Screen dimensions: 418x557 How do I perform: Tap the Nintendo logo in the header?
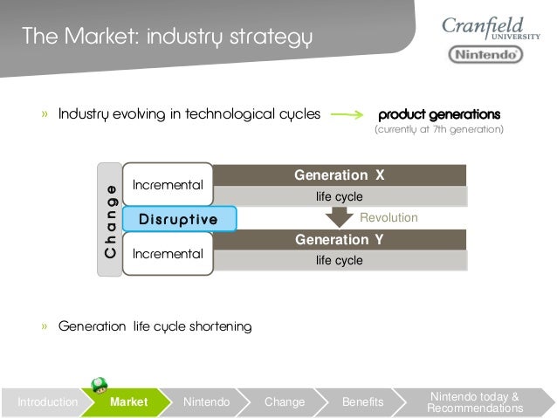click(485, 55)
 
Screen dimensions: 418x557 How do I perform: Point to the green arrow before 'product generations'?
click(347, 114)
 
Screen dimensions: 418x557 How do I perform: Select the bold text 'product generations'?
click(439, 114)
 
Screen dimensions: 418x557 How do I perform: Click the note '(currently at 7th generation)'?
click(439, 130)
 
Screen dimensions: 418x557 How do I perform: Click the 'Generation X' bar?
click(340, 175)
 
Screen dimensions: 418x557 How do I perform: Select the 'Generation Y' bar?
click(340, 239)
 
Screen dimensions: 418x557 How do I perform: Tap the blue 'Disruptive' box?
click(179, 219)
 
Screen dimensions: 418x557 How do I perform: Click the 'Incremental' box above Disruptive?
click(168, 185)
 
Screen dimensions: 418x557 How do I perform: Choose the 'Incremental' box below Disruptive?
click(168, 254)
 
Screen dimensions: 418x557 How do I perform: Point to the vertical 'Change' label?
click(110, 220)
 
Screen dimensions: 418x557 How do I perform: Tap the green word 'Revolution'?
click(389, 217)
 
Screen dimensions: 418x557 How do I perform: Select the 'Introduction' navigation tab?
click(47, 402)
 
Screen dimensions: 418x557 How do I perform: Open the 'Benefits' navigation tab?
click(362, 402)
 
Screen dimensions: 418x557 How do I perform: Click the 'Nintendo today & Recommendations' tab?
click(475, 402)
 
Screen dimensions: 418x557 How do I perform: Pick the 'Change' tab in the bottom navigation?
click(285, 402)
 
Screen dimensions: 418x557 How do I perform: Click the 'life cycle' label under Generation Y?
click(340, 260)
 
